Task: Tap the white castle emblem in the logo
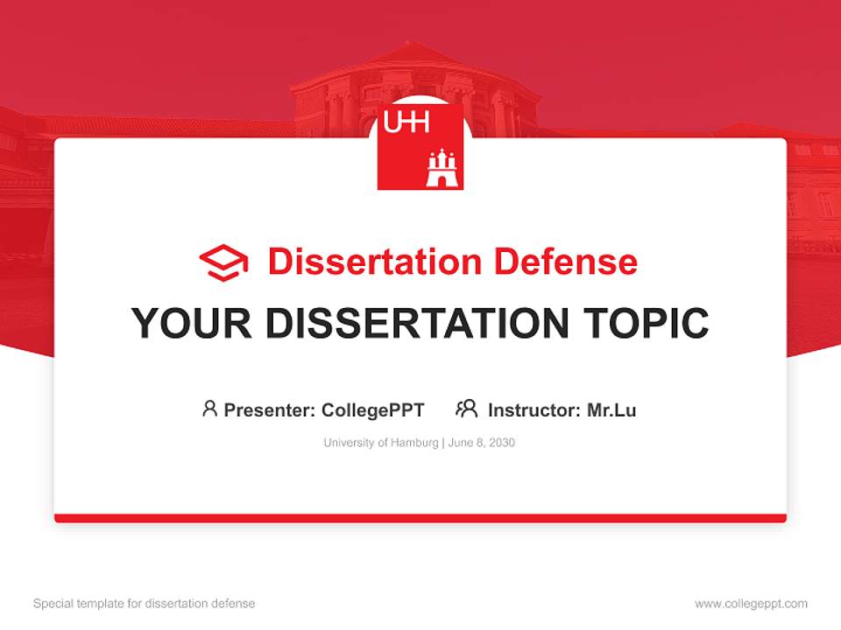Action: pyautogui.click(x=442, y=168)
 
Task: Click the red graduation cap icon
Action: pyautogui.click(x=223, y=262)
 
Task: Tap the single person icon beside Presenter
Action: pyautogui.click(x=209, y=409)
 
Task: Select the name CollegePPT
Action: pyautogui.click(x=373, y=410)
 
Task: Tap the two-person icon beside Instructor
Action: pyautogui.click(x=466, y=409)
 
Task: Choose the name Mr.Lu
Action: pyautogui.click(x=611, y=410)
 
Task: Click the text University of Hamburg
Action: pyautogui.click(x=380, y=443)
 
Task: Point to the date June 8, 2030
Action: pyautogui.click(x=482, y=443)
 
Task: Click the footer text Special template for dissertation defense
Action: pyautogui.click(x=145, y=604)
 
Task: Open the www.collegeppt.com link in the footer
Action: pyautogui.click(x=751, y=604)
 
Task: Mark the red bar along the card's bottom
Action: pyautogui.click(x=420, y=518)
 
